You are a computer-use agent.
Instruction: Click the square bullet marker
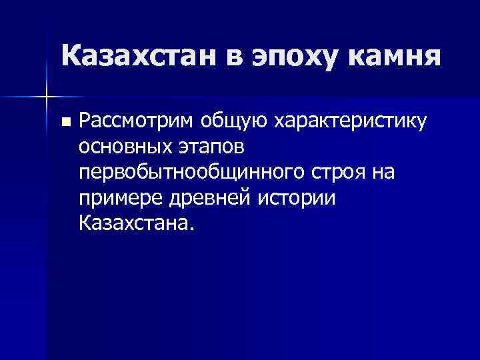65,123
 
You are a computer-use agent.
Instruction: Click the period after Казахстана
193,227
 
